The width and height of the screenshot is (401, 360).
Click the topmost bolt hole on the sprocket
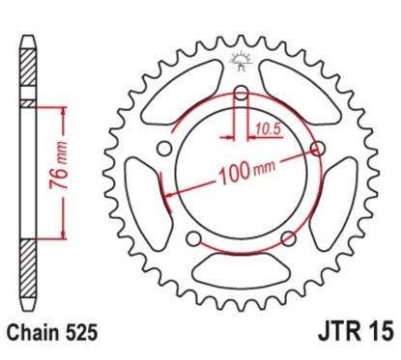coord(240,94)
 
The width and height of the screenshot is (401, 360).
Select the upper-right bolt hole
coord(317,149)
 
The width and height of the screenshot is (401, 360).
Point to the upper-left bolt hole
coord(163,149)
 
